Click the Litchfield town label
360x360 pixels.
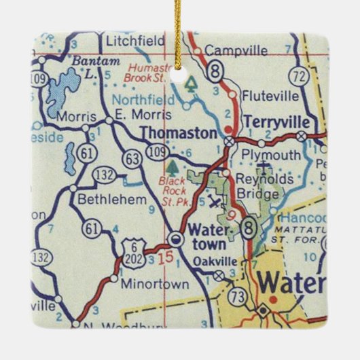[135, 41]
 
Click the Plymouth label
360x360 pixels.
[272, 156]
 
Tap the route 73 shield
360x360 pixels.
[236, 296]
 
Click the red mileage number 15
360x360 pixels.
[166, 257]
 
